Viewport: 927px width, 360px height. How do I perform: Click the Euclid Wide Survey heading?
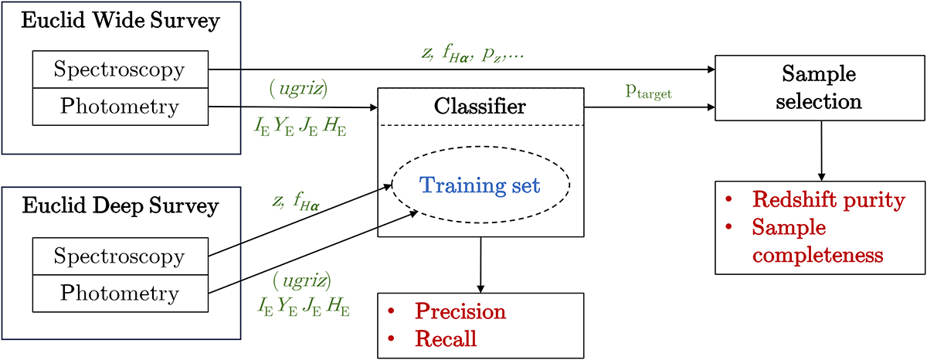120,21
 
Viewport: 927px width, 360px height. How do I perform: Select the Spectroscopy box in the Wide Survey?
120,70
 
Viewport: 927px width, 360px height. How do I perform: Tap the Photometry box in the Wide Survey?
120,107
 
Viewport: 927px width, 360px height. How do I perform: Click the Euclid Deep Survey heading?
120,207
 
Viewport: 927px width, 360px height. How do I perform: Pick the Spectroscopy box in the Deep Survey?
120,256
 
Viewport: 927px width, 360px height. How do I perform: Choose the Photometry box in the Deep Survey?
120,293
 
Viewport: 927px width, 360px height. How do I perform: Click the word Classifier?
480,106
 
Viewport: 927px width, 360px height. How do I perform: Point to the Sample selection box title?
820,87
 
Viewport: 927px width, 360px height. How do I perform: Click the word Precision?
460,312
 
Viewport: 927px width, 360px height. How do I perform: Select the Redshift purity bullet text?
827,201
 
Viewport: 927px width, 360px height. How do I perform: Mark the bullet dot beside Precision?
392,311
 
